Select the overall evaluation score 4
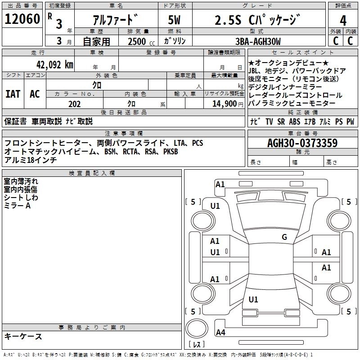click(343, 20)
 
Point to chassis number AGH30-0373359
click(302, 143)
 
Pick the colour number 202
click(74, 104)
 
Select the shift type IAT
click(13, 94)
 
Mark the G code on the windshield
click(284, 237)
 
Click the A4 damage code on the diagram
click(220, 333)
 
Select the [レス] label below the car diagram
click(197, 345)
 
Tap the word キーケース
click(23, 336)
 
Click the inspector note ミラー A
click(17, 205)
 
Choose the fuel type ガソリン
click(175, 41)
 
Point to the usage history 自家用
click(96, 41)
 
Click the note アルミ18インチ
click(30, 160)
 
